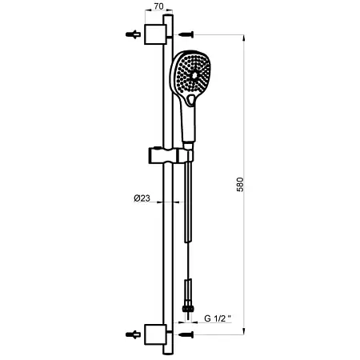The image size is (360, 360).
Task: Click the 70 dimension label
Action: (158, 6)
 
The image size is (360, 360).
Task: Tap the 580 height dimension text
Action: (240, 185)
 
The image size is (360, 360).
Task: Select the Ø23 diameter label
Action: (142, 198)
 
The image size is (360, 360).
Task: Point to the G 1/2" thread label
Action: (218, 318)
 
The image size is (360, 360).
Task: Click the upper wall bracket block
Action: (155, 34)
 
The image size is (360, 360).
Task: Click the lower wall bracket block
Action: (155, 334)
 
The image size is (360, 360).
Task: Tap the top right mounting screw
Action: (186, 34)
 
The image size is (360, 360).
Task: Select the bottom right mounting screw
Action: (186, 334)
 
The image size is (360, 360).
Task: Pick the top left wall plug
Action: (133, 34)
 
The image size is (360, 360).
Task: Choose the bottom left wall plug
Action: (133, 334)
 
